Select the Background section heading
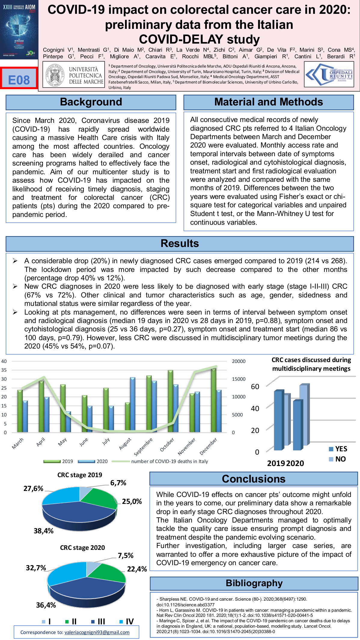[91, 102]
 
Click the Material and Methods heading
[268, 102]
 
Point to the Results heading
[180, 243]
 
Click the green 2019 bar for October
[170, 401]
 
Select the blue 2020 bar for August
[133, 405]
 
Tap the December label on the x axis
[209, 446]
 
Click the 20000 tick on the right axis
[239, 361]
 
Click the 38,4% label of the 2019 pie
[44, 531]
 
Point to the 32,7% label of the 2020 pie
[36, 568]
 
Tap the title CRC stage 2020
[82, 547]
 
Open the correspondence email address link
[97, 632]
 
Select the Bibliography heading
[254, 583]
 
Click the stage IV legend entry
[127, 621]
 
